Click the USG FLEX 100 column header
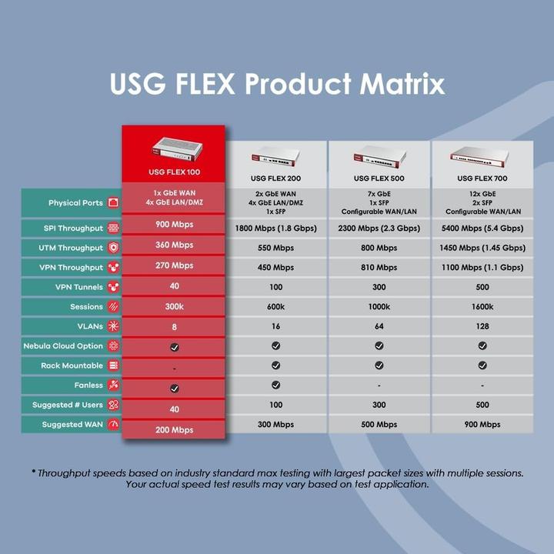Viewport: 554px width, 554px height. pos(174,172)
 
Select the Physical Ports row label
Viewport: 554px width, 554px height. pos(75,203)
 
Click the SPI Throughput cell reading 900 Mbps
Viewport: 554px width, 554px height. pos(174,225)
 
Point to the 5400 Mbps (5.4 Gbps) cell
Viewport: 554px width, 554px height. pos(482,229)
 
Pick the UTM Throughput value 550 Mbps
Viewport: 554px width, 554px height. pos(276,248)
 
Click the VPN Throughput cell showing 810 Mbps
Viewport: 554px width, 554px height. pos(379,268)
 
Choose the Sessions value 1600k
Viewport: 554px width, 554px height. pos(482,307)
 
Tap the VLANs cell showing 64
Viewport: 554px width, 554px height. pos(379,326)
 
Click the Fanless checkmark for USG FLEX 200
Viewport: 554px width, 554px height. pos(276,385)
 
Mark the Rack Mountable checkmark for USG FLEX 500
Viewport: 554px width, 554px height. pos(379,365)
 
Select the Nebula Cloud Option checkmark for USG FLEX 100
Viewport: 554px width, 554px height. pos(174,348)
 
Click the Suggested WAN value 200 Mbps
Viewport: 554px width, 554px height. pos(174,430)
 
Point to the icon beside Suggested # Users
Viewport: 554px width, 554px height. pos(114,405)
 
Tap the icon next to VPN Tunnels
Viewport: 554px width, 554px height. pos(114,287)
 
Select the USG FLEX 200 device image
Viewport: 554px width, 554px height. pos(276,159)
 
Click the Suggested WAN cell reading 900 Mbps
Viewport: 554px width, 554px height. pos(482,425)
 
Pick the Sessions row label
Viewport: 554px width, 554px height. pos(86,307)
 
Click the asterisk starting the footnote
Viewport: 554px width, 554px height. pos(34,472)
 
